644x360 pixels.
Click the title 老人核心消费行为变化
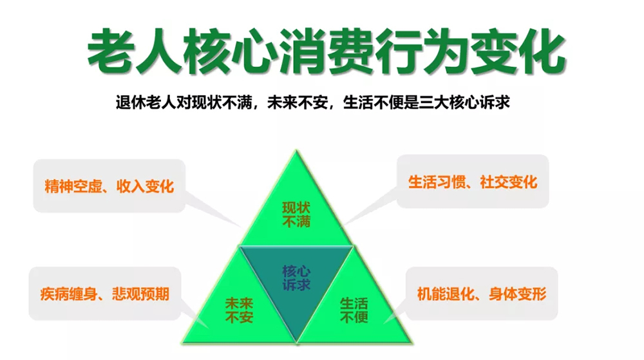click(326, 51)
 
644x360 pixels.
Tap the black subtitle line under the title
click(312, 102)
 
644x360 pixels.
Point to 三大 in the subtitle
click(433, 102)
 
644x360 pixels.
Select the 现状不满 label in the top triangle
click(296, 214)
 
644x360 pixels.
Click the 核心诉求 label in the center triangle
click(296, 278)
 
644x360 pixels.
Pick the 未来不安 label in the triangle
click(239, 310)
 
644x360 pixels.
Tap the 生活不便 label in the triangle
click(354, 310)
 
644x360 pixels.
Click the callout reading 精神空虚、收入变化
click(109, 186)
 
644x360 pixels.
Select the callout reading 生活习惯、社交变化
click(473, 182)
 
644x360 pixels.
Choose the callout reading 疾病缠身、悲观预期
click(105, 294)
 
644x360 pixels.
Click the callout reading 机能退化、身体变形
click(482, 294)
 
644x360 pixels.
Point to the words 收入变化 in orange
click(145, 186)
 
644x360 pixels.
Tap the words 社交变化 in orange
click(509, 182)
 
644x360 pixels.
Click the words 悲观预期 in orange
click(140, 294)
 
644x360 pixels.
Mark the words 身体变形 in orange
click(518, 294)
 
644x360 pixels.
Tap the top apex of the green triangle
click(296, 150)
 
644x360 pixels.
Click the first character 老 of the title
click(111, 51)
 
